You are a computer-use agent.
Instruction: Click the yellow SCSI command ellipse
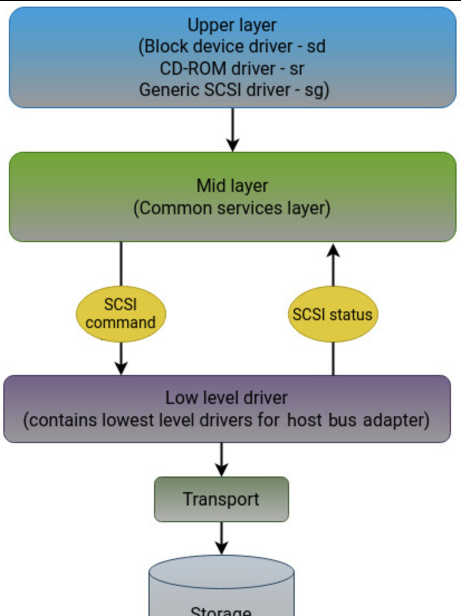[x=121, y=314]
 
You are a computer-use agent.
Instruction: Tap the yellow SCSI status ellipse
[x=333, y=314]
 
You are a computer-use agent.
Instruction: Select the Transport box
[x=221, y=499]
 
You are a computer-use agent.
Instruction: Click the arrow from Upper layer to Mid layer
[x=233, y=129]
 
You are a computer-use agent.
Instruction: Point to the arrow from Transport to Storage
[x=222, y=538]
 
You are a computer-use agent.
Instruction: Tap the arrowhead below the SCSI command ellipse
[x=121, y=368]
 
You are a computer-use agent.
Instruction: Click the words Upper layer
[x=232, y=26]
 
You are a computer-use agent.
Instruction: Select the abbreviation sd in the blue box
[x=316, y=46]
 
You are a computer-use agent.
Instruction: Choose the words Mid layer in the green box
[x=232, y=186]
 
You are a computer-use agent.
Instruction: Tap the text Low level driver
[x=227, y=398]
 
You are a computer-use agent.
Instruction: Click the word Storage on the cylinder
[x=221, y=612]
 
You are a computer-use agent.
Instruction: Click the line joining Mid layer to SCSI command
[x=121, y=264]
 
